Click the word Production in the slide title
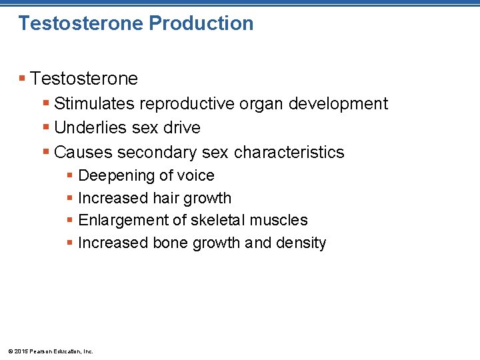pos(201,23)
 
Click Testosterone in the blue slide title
pos(81,23)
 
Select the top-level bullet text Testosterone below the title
pos(84,79)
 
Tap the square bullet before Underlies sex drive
pos(45,127)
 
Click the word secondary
pos(157,152)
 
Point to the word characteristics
pos(289,152)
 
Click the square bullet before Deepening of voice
pos(69,176)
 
